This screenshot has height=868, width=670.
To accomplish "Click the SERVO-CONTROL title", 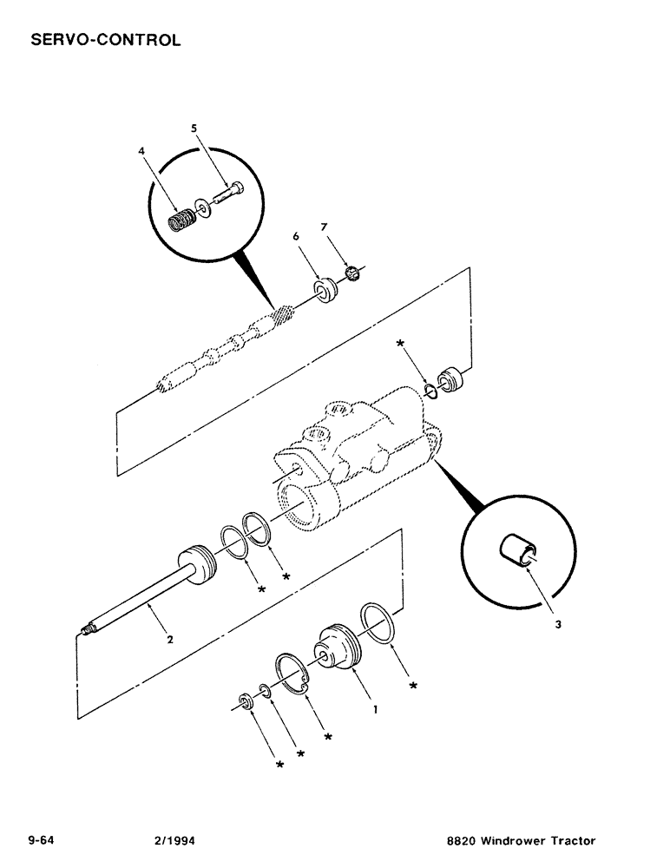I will click(105, 40).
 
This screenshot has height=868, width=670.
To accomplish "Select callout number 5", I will click(194, 128).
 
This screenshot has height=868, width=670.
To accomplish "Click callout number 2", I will click(170, 640).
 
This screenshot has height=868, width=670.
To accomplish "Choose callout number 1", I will click(374, 709).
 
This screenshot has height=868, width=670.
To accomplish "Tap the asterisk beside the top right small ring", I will click(400, 345).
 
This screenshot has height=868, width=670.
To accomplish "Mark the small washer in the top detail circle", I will click(203, 205).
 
